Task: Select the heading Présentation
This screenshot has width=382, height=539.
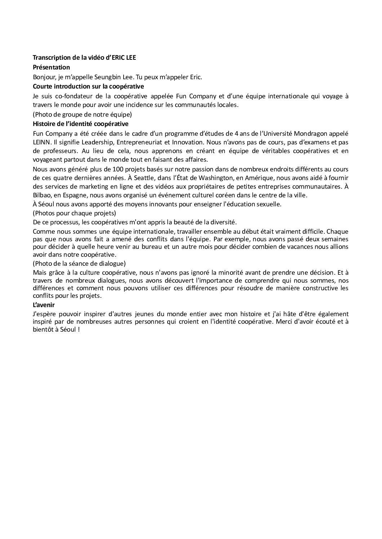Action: (51, 67)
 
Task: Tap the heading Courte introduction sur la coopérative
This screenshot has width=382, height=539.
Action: (88, 86)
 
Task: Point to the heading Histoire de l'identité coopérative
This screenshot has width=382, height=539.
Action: (80, 124)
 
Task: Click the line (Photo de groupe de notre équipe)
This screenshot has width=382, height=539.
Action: (82, 115)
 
